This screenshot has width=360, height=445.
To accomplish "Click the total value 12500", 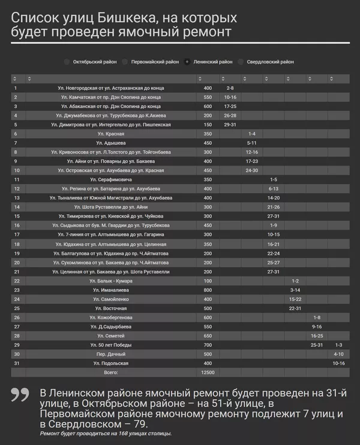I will tap(208, 372).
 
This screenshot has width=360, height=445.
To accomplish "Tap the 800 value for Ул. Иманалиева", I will tap(208, 290).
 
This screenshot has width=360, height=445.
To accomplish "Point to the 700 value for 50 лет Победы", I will tap(208, 345).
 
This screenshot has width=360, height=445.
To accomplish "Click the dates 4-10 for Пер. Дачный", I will tap(338, 354).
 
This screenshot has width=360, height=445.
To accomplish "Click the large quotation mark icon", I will tap(20, 395).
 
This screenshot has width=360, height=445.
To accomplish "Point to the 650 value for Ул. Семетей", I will tap(208, 336).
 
